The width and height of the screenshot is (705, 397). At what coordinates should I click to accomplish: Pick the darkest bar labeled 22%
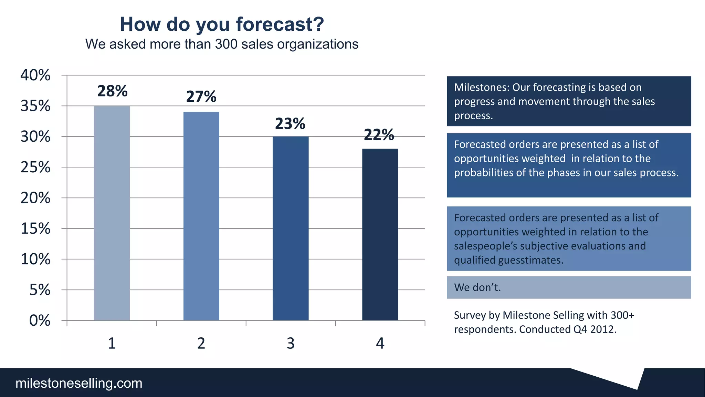tap(380, 234)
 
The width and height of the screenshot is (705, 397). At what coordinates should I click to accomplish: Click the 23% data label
tap(290, 124)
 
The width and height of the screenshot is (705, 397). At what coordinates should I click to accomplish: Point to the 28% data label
tap(112, 91)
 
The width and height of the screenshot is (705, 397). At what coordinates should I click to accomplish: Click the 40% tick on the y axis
tap(35, 75)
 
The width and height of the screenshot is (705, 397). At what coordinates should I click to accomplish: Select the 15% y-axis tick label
tap(35, 228)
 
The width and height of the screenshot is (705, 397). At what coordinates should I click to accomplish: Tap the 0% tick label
tap(40, 320)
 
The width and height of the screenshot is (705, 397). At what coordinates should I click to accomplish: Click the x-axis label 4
tap(380, 343)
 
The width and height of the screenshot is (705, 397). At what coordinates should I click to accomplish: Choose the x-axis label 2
tap(201, 343)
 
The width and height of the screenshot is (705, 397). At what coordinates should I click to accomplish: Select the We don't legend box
tap(569, 287)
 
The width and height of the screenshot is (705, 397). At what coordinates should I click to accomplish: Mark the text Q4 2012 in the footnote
tap(594, 329)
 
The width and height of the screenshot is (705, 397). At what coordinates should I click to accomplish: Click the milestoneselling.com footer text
tap(79, 383)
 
